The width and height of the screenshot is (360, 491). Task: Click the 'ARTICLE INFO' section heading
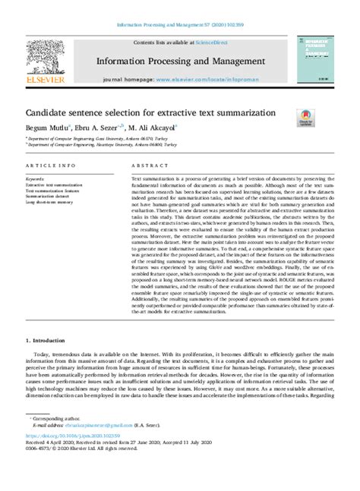(50, 165)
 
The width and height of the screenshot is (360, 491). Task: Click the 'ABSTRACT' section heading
(149, 165)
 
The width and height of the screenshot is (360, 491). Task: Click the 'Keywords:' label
(35, 178)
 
